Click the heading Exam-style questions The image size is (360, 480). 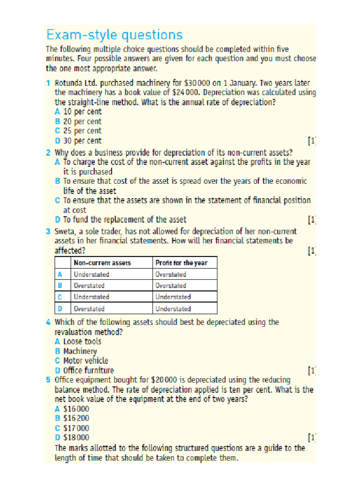(114, 35)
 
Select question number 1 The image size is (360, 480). (48, 83)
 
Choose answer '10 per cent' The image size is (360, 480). (82, 112)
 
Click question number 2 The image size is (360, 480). (48, 152)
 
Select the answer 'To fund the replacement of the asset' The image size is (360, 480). (124, 219)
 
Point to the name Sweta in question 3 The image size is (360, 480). (66, 232)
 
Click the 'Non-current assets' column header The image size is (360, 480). (102, 263)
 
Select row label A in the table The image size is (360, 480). (60, 274)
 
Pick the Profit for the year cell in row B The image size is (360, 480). (171, 285)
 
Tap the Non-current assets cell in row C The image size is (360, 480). (91, 297)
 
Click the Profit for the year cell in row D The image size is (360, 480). (173, 309)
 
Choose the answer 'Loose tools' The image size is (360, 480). (82, 342)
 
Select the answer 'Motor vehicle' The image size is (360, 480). (85, 361)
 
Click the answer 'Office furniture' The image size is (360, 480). (88, 370)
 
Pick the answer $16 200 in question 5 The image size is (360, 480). (76, 418)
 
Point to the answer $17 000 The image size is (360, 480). (76, 428)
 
